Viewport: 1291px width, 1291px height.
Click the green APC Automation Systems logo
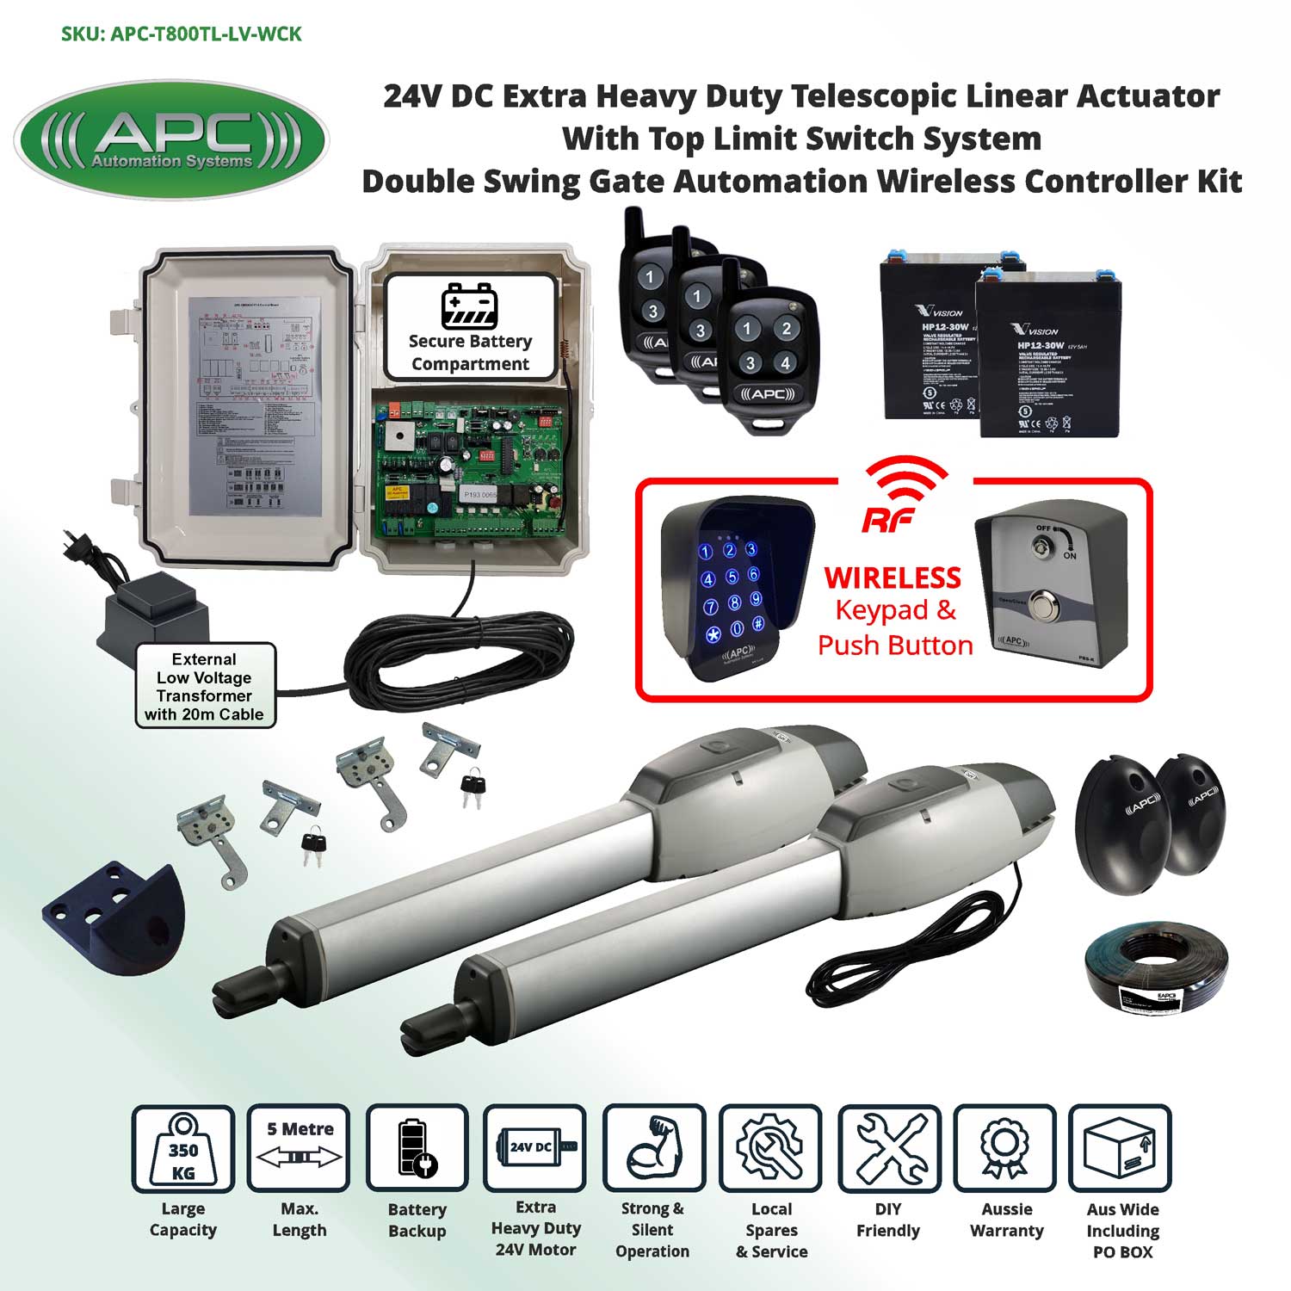coord(171,140)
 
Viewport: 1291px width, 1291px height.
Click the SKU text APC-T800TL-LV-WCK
coord(182,34)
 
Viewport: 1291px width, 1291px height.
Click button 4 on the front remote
coord(785,363)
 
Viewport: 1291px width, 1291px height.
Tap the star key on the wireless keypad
coord(713,636)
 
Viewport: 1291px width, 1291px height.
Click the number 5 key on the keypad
coord(732,577)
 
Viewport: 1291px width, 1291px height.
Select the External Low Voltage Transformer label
coord(204,686)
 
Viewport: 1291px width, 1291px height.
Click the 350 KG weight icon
coord(182,1149)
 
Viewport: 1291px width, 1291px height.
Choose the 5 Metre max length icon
coord(299,1149)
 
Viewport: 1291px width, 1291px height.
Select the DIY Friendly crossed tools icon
coord(889,1149)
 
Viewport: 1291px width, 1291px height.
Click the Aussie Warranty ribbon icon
coord(1004,1149)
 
